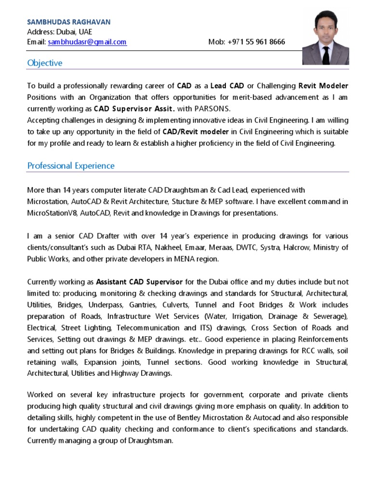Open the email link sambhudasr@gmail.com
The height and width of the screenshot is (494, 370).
click(x=87, y=42)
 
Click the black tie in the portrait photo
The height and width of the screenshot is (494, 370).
click(x=326, y=55)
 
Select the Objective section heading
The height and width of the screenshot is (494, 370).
click(x=45, y=63)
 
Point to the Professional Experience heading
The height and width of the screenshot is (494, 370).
click(x=71, y=166)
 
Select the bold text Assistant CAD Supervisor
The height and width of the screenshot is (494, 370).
click(x=139, y=282)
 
